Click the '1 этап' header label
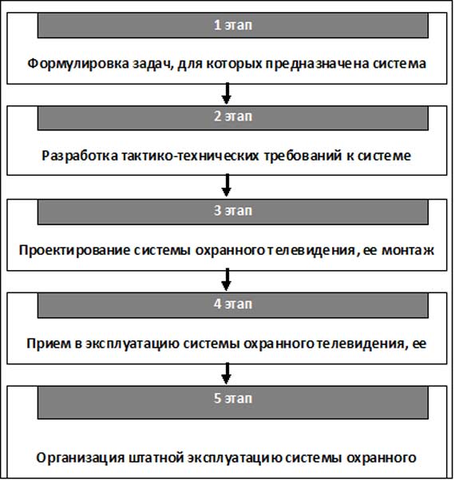tap(233, 25)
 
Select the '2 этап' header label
tap(233, 117)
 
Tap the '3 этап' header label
tap(233, 211)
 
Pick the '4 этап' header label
tap(233, 304)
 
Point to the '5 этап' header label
tap(233, 398)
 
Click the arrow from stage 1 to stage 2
tap(227, 93)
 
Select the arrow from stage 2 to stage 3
tap(227, 185)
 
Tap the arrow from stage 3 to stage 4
tap(227, 280)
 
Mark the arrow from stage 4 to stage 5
tap(227, 373)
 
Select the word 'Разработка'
tap(80, 156)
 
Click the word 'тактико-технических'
tap(191, 156)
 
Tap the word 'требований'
tap(303, 156)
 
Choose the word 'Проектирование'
tap(74, 250)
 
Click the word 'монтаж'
tap(408, 251)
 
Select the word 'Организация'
tap(81, 458)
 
